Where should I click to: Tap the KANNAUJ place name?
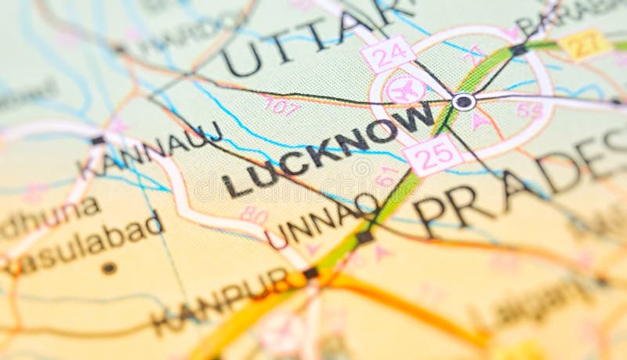(150, 150)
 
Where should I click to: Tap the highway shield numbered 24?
(388, 54)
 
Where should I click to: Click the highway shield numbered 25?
(433, 154)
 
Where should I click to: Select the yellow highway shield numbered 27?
(585, 45)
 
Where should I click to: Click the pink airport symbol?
(406, 90)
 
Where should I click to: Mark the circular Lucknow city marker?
(463, 101)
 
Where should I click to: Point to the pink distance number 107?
(281, 106)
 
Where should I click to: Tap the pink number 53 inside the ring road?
(530, 111)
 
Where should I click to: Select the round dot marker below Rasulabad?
(109, 268)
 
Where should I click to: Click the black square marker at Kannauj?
(97, 140)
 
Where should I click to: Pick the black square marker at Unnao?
(364, 236)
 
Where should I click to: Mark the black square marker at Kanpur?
(311, 273)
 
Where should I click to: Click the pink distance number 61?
(386, 176)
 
